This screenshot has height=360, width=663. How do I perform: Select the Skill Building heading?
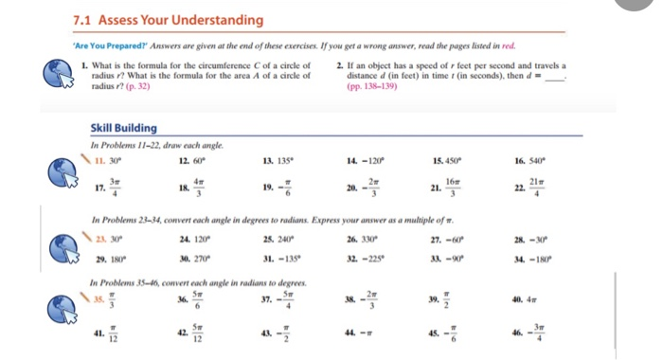[x=123, y=128]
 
